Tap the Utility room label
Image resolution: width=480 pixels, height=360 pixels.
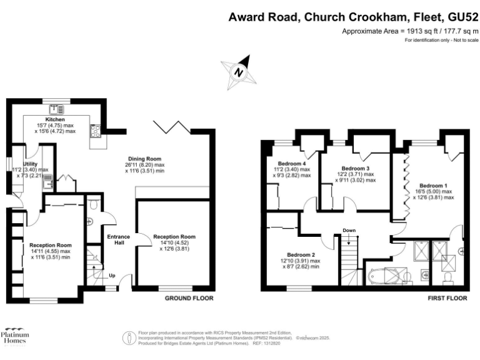pos(31,164)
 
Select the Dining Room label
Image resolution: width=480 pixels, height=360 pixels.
pos(145,158)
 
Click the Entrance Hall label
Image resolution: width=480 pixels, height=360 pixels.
pos(118,239)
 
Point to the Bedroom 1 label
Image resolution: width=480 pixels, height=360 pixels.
pos(433,185)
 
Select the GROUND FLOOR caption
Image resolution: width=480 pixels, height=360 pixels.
pos(189,299)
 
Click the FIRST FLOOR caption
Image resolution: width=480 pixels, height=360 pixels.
pos(448,299)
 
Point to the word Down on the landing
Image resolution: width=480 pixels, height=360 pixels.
pos(349,231)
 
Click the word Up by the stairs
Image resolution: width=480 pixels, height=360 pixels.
pos(112,276)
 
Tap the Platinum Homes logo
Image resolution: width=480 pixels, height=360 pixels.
pos(15,337)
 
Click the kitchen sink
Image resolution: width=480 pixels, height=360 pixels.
pos(61,109)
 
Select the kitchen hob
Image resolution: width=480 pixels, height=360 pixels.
pos(96,131)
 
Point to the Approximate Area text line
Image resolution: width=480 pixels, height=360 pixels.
pos(410,31)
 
